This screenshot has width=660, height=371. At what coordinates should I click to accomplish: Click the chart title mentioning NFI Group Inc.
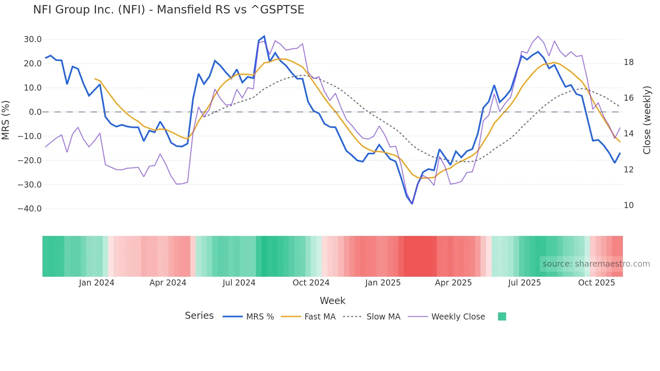coord(168,10)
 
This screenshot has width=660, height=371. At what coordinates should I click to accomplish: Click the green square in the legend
coord(502,316)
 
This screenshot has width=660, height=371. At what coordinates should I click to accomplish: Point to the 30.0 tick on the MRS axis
coord(33,39)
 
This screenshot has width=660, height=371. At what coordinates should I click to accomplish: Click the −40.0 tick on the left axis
coord(30,209)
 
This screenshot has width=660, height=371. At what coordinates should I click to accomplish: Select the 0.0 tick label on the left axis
coord(35,112)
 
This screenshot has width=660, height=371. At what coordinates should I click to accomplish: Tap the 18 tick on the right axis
coord(628,62)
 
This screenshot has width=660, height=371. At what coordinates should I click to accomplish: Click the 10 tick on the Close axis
coord(628,205)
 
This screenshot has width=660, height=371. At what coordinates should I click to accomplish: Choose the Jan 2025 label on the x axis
coord(383,283)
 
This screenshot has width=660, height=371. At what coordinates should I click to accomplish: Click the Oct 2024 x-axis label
coord(311,283)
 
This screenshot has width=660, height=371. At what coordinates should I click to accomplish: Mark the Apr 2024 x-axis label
coord(168,283)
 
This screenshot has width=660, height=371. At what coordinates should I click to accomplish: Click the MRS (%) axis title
coord(6,120)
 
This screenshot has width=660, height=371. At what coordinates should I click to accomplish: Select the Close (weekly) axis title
coord(647,120)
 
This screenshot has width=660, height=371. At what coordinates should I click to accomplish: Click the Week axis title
coord(332,301)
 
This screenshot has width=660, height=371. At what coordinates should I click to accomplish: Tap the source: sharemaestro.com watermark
coord(596,264)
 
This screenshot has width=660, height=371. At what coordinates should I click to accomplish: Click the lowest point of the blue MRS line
coord(412,204)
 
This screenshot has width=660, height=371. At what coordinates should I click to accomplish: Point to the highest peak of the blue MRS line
coord(264,36)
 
